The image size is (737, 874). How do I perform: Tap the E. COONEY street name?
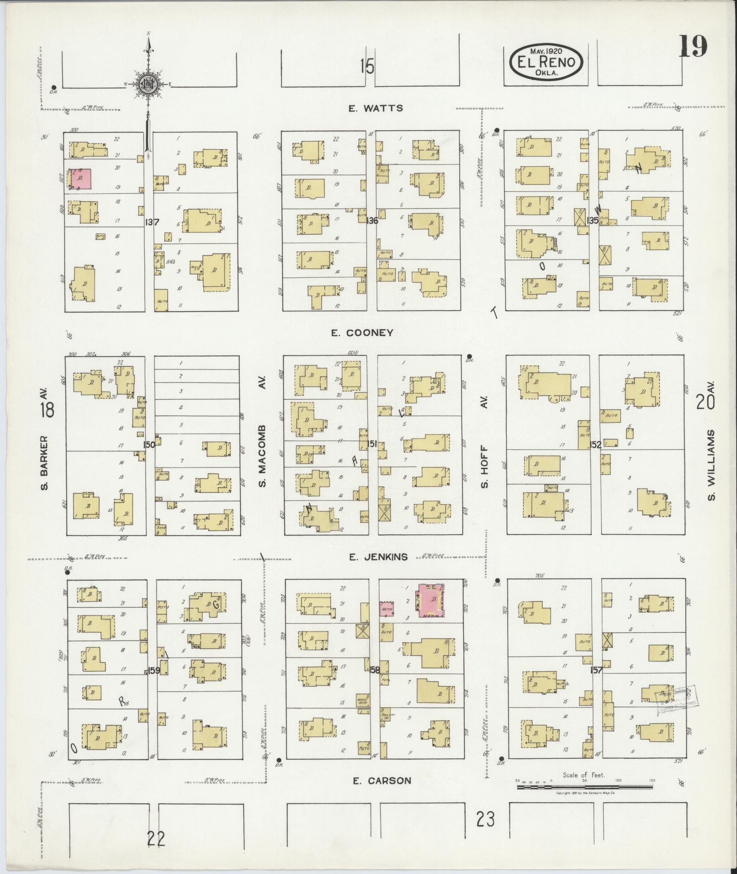tap(362, 333)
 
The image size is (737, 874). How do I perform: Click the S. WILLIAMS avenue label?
tap(711, 464)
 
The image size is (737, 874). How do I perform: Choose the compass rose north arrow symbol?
tap(148, 83)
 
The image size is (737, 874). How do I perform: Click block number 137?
tap(152, 222)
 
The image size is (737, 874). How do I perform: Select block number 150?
tap(149, 444)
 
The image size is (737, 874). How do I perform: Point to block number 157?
tap(596, 670)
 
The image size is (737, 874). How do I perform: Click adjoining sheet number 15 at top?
tap(366, 67)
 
